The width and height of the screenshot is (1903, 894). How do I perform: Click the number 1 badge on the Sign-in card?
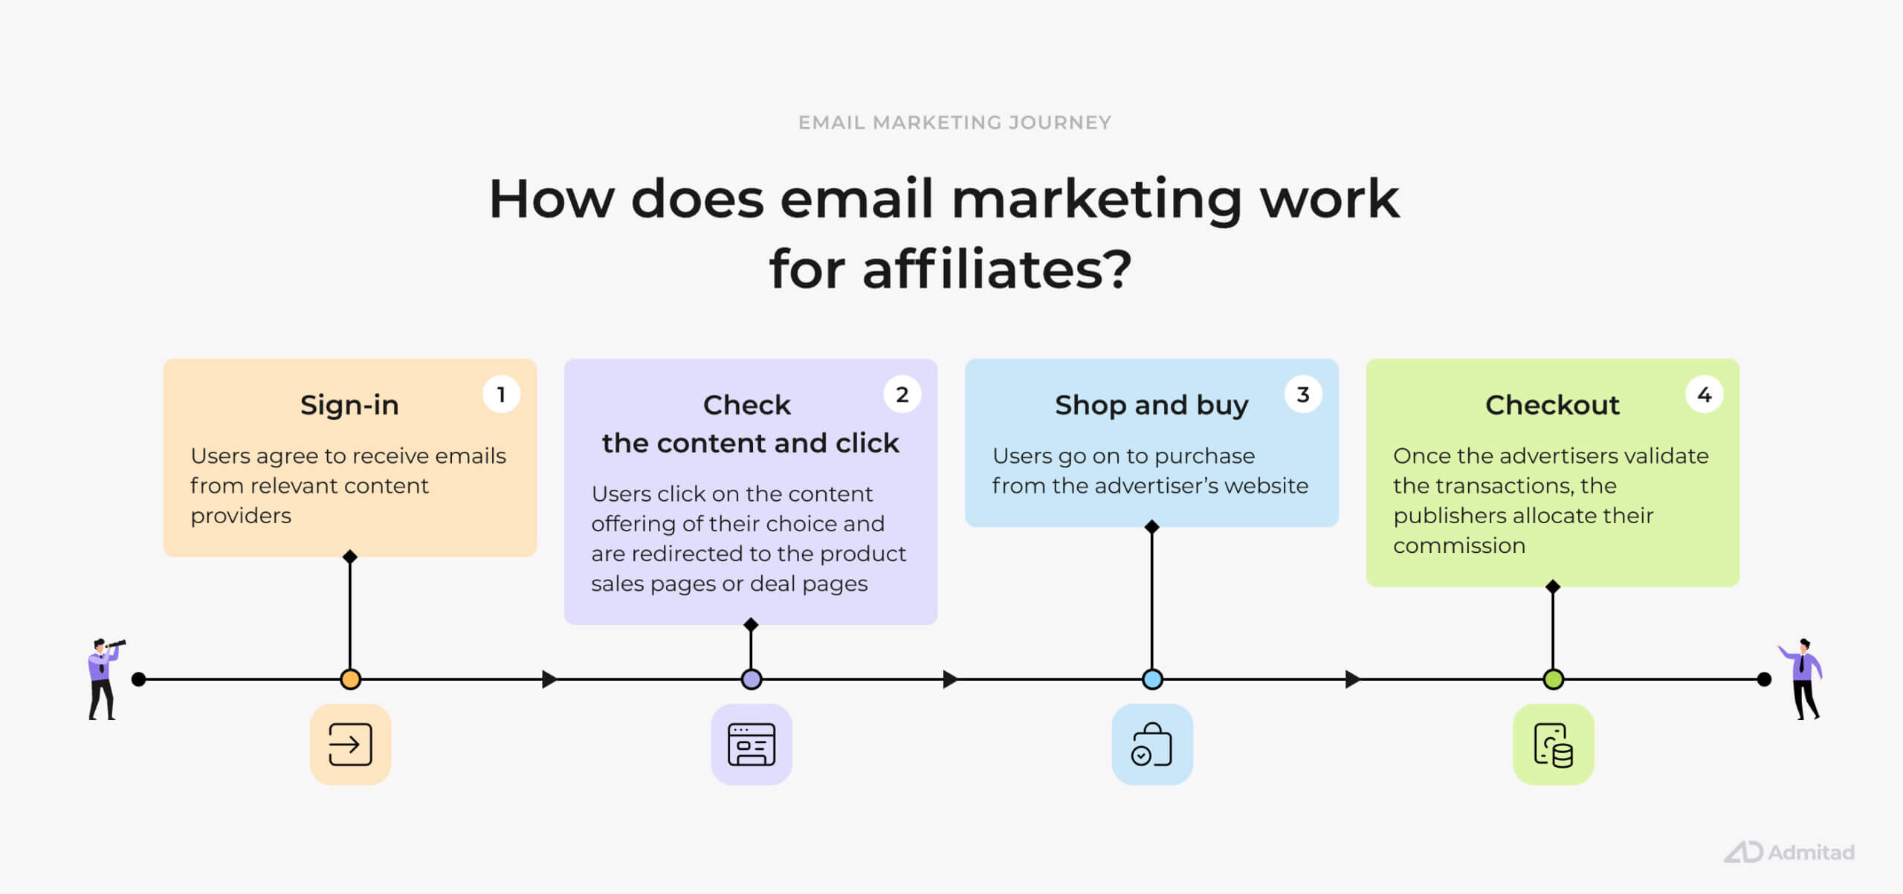pos(501,395)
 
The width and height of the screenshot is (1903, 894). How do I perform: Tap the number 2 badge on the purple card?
pos(902,395)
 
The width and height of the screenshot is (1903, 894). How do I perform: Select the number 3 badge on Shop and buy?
pos(1303,395)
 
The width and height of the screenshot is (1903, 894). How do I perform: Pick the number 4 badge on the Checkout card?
pos(1705,395)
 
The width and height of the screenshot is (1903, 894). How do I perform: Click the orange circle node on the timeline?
pos(350,679)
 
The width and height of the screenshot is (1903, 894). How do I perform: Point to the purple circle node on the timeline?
pos(752,679)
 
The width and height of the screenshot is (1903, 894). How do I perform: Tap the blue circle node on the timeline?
pos(1152,679)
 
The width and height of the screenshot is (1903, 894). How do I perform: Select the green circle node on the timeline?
pos(1553,679)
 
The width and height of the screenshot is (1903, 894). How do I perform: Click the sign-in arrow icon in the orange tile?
pos(350,744)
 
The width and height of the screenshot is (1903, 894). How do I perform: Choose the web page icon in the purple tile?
pos(752,744)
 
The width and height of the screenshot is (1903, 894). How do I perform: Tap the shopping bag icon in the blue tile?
pos(1151,744)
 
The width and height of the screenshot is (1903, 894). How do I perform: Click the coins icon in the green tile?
pos(1554,745)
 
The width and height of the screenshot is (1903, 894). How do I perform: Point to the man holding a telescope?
pos(105,678)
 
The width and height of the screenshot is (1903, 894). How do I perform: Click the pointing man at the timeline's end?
pos(1801,678)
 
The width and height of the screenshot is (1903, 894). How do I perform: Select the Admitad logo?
pos(1789,852)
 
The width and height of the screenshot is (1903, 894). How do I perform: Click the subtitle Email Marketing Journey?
pos(954,123)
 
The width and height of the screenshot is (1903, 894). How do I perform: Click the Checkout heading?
pos(1552,405)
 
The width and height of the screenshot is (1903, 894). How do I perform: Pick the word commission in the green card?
pos(1459,545)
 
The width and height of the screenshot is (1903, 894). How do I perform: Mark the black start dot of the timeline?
pos(138,679)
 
